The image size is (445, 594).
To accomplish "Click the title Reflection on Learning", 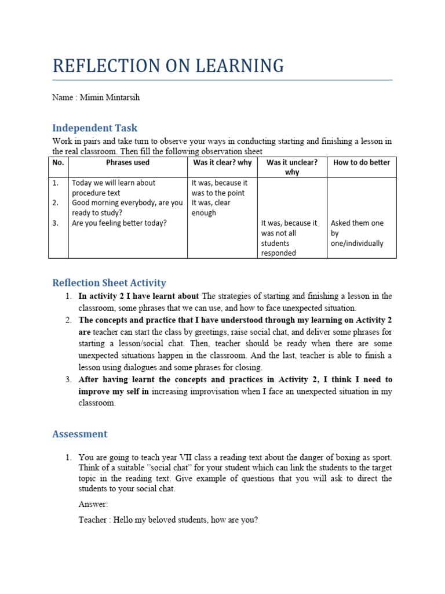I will click(168, 66).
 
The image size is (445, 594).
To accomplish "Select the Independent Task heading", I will click(94, 128).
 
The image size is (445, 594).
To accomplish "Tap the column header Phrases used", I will click(127, 162).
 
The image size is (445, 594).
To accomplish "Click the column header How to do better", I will click(362, 162).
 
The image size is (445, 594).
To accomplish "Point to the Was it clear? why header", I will click(222, 162).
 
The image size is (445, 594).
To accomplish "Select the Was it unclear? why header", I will click(292, 167).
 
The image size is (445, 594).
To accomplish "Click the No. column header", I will click(58, 162).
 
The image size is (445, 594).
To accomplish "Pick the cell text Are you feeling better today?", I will click(119, 223).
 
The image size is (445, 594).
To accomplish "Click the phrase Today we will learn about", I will click(114, 183).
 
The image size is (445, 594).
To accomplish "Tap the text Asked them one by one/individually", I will click(357, 233).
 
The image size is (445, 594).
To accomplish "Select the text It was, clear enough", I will click(211, 208).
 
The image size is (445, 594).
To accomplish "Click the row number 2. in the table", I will click(56, 203).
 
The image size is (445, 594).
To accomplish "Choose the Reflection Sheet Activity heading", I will click(109, 282).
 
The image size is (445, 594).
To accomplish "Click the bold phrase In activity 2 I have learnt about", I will click(138, 296).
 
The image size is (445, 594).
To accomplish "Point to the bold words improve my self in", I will click(114, 392).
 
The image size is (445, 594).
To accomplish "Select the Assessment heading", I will click(79, 434).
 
